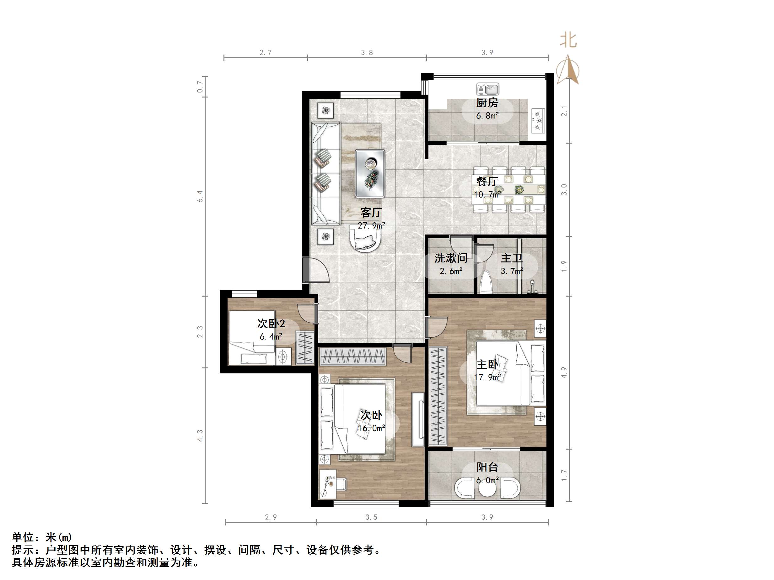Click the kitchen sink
(487, 89)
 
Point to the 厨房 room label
(487, 103)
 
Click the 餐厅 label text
(487, 181)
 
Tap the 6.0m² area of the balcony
(487, 481)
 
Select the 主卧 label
(487, 365)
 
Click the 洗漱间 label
(451, 258)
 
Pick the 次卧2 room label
(271, 323)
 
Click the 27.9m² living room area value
(371, 226)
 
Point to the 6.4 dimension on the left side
(200, 196)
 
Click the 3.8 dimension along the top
(367, 52)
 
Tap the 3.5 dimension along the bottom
(371, 517)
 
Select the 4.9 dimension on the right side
(564, 372)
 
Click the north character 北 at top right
(568, 40)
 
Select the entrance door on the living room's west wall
(307, 270)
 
